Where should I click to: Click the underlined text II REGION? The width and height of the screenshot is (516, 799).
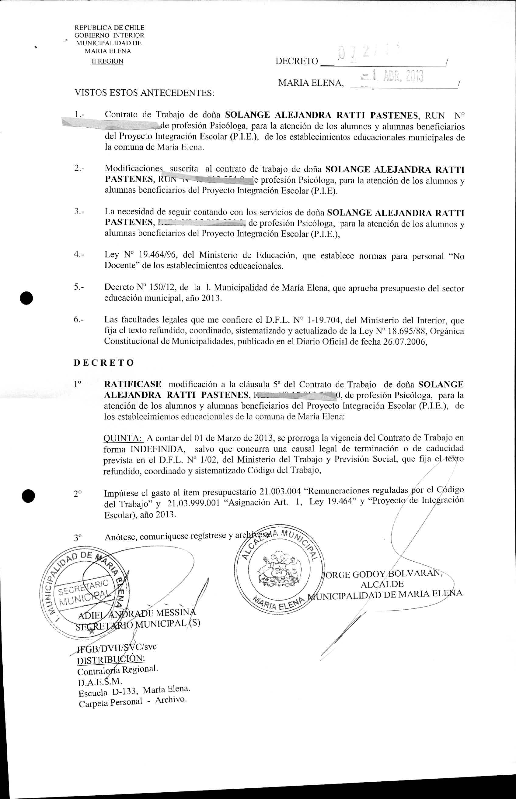pos(108,61)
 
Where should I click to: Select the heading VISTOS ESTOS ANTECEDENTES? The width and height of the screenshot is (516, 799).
pos(145,93)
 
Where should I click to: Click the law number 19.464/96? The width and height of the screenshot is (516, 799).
pos(157,255)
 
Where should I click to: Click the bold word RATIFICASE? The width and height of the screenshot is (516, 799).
pos(133,384)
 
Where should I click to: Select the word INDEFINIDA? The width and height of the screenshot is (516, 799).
pos(158,449)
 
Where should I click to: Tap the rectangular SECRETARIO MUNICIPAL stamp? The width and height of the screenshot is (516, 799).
pos(84,592)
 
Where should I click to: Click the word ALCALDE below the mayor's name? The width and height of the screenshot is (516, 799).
pos(382,584)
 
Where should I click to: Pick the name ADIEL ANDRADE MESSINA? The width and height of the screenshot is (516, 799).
pos(137,614)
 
